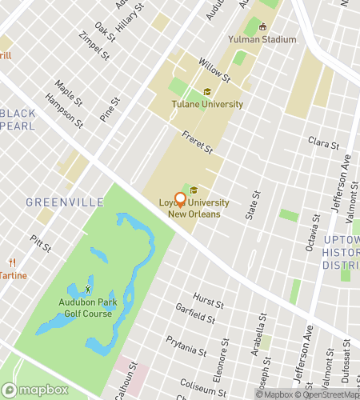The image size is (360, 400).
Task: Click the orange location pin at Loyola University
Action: pyautogui.click(x=180, y=199)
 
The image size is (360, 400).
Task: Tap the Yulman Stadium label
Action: pyautogui.click(x=262, y=39)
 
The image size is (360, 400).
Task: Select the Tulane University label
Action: pyautogui.click(x=207, y=104)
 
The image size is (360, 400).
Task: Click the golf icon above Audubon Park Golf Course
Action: pyautogui.click(x=88, y=288)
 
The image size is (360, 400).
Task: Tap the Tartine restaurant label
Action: pyautogui.click(x=13, y=275)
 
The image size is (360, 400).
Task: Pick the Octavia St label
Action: pyautogui.click(x=312, y=232)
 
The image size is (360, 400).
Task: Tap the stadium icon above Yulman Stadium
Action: pyautogui.click(x=262, y=26)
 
